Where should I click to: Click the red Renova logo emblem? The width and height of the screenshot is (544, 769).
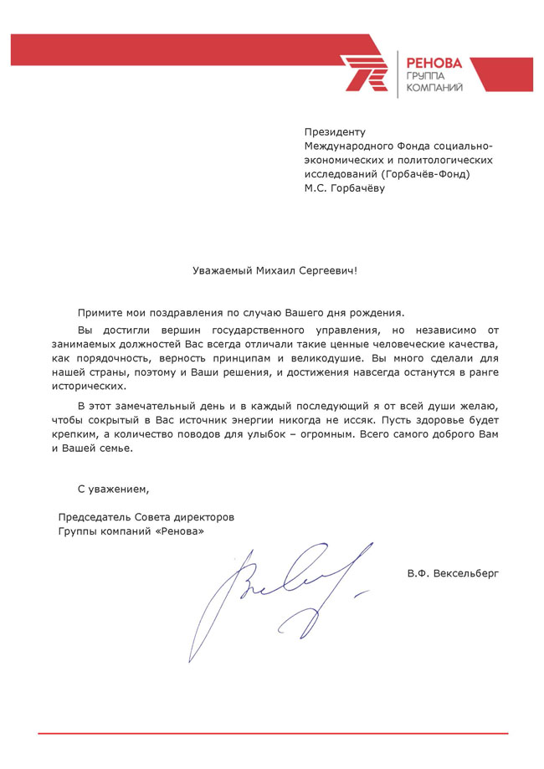pyautogui.click(x=365, y=72)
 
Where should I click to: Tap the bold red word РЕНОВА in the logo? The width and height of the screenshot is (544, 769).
pyautogui.click(x=434, y=62)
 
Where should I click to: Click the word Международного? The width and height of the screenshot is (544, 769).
pyautogui.click(x=346, y=146)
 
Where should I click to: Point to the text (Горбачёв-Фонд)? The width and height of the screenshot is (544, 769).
pyautogui.click(x=425, y=174)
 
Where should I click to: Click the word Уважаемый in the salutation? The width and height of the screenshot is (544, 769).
pyautogui.click(x=220, y=270)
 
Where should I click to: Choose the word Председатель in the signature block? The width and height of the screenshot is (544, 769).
pyautogui.click(x=94, y=517)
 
